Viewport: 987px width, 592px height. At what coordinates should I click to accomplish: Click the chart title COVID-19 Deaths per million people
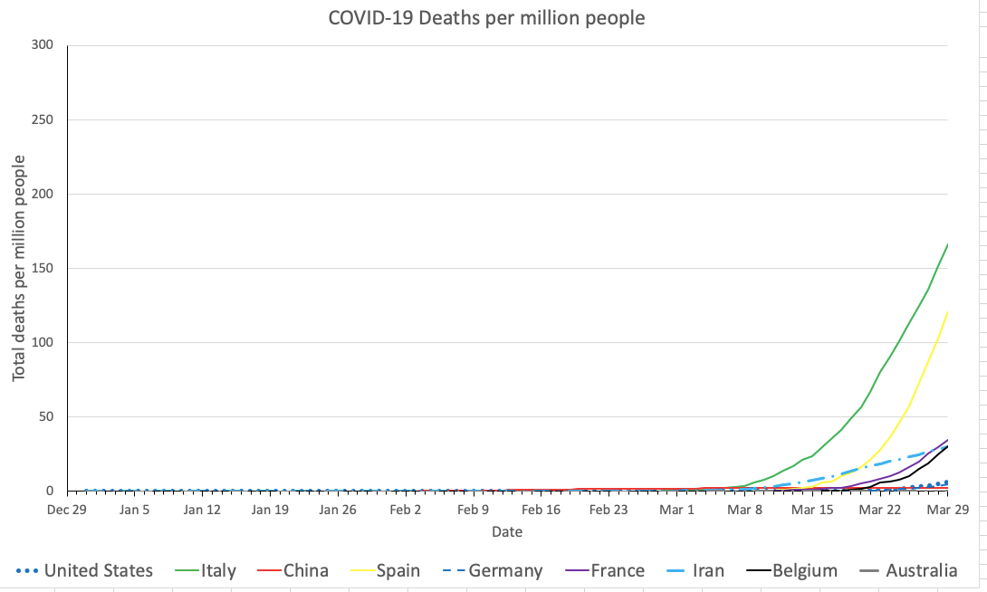[486, 17]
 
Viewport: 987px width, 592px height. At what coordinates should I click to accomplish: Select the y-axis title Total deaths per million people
[19, 268]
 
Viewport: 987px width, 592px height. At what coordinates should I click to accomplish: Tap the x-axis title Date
[507, 532]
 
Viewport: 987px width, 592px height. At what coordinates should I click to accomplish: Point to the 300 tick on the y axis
[42, 45]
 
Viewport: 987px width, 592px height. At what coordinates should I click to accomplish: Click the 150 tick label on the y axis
[42, 268]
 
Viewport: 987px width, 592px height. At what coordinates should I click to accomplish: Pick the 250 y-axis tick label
[42, 119]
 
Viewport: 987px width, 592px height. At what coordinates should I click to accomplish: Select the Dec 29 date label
[67, 510]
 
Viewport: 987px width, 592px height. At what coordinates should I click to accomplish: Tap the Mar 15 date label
[812, 510]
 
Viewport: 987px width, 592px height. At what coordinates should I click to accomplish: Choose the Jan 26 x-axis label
[338, 510]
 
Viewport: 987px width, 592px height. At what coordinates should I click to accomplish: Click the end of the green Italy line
[947, 243]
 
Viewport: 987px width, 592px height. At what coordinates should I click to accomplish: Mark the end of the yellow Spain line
[947, 311]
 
